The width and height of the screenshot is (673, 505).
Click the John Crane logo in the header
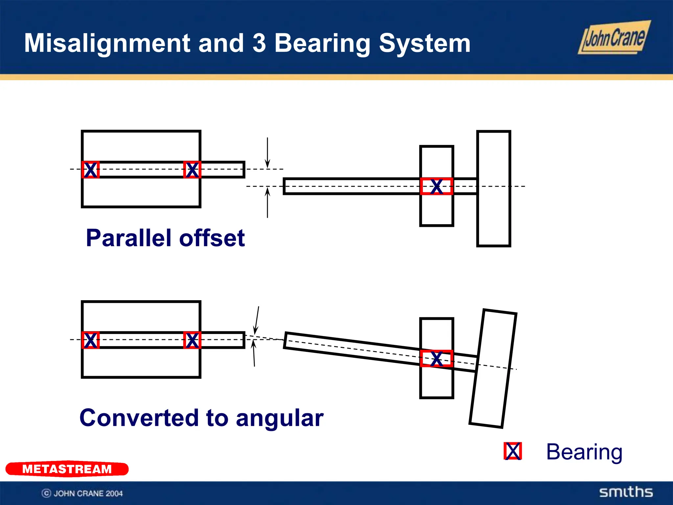(x=614, y=38)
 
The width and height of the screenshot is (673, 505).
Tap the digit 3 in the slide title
(x=259, y=43)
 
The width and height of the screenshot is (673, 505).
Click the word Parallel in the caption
(x=129, y=238)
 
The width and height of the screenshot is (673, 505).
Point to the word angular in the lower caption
(x=280, y=418)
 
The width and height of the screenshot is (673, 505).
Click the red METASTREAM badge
(x=67, y=469)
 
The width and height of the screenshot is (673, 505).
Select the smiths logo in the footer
(x=626, y=492)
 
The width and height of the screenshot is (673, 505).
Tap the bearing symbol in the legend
(x=513, y=451)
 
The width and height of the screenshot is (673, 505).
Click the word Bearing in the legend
(x=584, y=452)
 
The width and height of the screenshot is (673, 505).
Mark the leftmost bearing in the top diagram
(x=90, y=170)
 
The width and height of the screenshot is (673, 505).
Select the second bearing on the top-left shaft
(x=192, y=170)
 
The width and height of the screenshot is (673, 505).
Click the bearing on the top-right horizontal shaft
(x=437, y=186)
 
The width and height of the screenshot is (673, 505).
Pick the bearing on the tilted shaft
(x=437, y=358)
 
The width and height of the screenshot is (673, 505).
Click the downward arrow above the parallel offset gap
(x=267, y=153)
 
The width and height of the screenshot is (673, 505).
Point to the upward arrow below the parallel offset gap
(x=267, y=202)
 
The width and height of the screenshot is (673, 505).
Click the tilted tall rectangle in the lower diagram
(x=493, y=369)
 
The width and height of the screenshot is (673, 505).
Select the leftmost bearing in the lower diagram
(x=90, y=340)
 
